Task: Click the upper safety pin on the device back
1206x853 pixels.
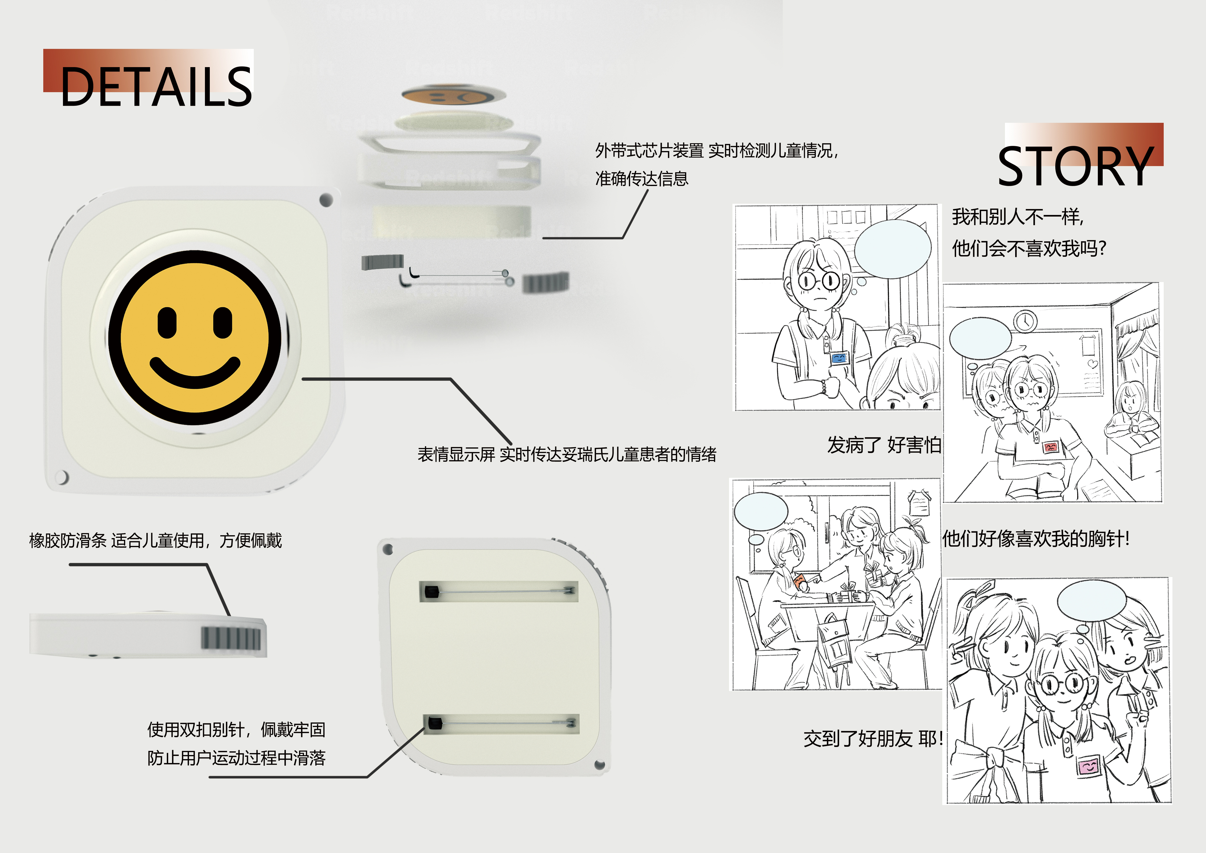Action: click(x=499, y=591)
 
